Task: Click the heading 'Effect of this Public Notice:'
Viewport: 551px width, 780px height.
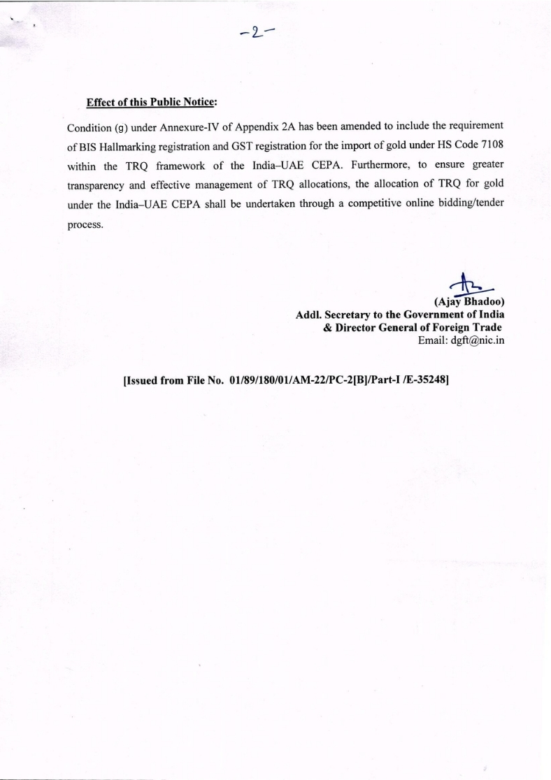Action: [152, 102]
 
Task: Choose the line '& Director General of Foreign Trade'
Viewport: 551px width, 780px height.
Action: [413, 327]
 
